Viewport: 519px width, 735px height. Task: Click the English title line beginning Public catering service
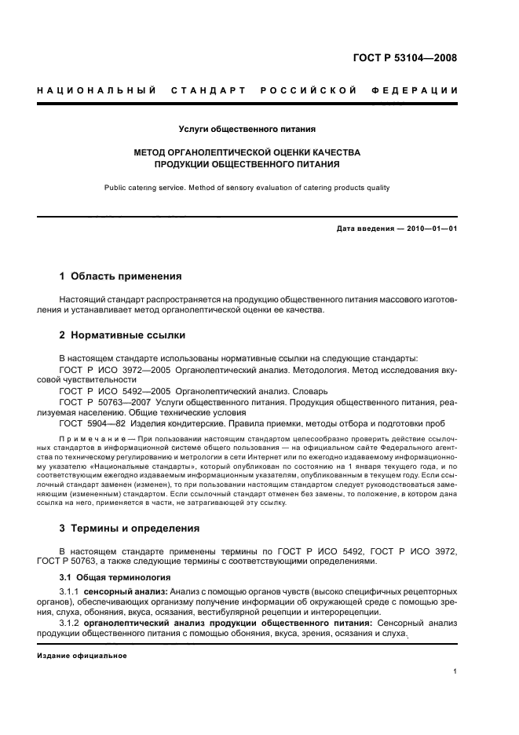click(247, 188)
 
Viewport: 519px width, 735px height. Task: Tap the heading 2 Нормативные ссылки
click(122, 335)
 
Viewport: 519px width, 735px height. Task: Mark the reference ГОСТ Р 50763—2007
click(106, 401)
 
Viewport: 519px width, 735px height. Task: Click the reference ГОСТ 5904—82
click(92, 423)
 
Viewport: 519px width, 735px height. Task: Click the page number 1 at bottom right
click(455, 671)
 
